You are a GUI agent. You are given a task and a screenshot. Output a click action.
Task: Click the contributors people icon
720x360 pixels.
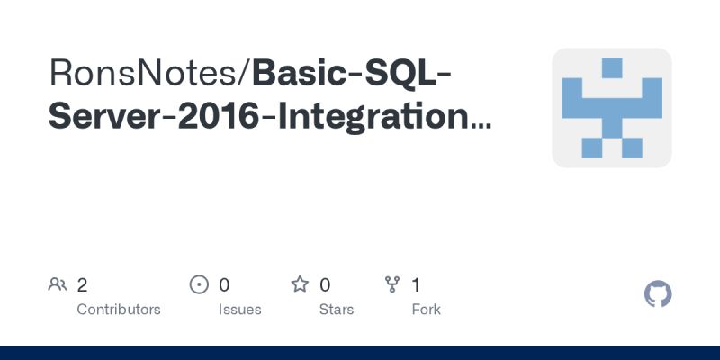point(58,285)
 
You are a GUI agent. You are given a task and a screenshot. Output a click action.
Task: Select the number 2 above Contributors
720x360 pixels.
point(82,285)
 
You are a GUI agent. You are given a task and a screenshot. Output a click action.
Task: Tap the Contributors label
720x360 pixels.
point(119,310)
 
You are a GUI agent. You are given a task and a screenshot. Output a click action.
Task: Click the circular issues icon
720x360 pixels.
point(199,285)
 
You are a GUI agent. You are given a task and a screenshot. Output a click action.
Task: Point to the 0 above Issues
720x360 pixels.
point(224,285)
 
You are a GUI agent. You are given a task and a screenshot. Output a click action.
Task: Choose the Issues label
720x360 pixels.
point(239,310)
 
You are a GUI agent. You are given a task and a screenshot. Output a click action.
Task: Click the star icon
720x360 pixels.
point(300,285)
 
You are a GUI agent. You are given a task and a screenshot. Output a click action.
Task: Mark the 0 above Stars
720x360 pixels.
point(325,285)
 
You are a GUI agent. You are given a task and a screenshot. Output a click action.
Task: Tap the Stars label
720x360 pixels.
point(337,310)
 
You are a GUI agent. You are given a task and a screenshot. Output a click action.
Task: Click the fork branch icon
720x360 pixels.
point(392,285)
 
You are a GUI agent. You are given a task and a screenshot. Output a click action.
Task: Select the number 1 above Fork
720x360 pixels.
point(416,285)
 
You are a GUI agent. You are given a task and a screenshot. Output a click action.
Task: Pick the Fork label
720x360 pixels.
point(425,310)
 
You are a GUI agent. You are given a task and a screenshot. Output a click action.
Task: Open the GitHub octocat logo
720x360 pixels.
point(659,294)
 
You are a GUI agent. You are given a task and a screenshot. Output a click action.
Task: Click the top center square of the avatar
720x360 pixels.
point(612,67)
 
